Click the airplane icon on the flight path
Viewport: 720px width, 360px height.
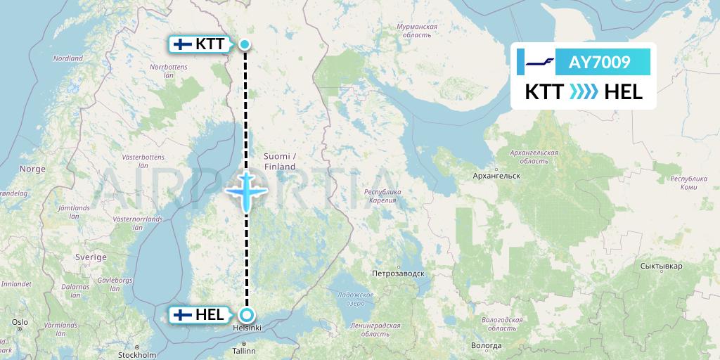click(x=246, y=190)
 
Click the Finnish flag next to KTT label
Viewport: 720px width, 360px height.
click(x=183, y=44)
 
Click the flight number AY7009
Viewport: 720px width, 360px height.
click(x=600, y=63)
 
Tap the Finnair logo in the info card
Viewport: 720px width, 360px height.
click(x=541, y=63)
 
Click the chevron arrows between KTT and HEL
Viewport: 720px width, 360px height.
click(x=584, y=91)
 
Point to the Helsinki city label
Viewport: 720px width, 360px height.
click(x=247, y=328)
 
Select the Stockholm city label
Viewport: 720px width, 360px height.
click(x=137, y=355)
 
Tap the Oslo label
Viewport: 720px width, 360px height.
click(x=19, y=322)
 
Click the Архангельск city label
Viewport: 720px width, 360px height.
click(x=496, y=175)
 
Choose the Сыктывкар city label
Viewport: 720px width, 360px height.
click(x=662, y=267)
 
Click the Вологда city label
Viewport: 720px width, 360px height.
click(x=487, y=345)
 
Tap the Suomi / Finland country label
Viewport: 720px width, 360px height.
click(x=280, y=161)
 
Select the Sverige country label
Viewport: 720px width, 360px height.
click(x=91, y=257)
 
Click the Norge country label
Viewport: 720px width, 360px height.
click(x=32, y=169)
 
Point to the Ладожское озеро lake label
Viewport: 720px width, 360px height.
click(x=355, y=298)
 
